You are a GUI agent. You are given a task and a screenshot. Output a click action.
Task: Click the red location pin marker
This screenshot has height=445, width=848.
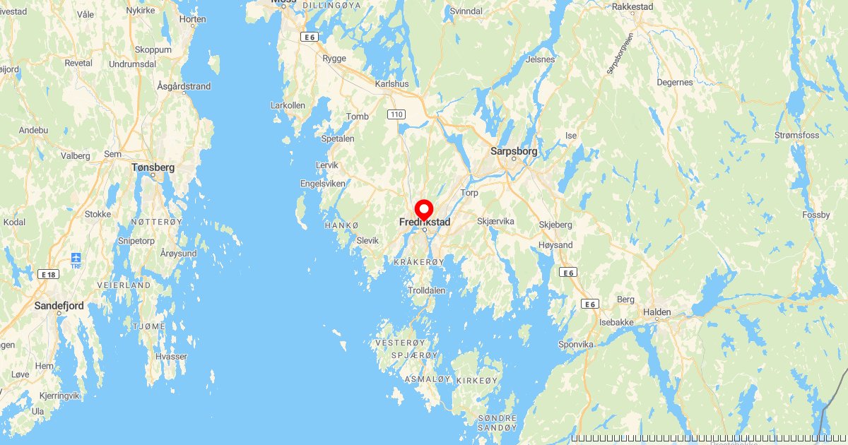pos(424,210)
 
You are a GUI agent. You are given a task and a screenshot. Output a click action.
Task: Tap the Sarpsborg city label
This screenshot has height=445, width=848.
pos(514,151)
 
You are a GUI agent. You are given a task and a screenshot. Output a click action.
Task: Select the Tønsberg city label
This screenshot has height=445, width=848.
pos(153,168)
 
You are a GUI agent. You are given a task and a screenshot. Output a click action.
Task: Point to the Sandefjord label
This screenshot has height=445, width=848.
pos(59,306)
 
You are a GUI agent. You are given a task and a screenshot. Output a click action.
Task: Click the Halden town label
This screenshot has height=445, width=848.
pos(657,311)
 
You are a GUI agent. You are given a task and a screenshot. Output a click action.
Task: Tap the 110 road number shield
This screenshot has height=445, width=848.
pos(396,114)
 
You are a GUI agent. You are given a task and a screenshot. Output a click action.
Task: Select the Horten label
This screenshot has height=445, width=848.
pos(192,19)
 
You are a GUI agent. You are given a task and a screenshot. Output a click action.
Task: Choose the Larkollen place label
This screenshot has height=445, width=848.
pos(288,105)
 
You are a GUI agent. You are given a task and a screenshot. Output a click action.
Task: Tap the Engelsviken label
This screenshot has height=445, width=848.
pos(323,184)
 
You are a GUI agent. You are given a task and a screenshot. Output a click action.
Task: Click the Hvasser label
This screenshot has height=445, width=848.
pos(171,357)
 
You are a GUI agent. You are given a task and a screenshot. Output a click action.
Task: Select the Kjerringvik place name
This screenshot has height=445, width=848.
pos(59,396)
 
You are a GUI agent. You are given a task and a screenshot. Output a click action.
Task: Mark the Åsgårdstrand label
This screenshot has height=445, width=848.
pos(184,86)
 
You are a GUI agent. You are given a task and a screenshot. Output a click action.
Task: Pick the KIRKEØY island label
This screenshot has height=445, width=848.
pos(478,380)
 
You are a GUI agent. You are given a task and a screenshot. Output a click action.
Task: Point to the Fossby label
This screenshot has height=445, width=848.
pos(817,215)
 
